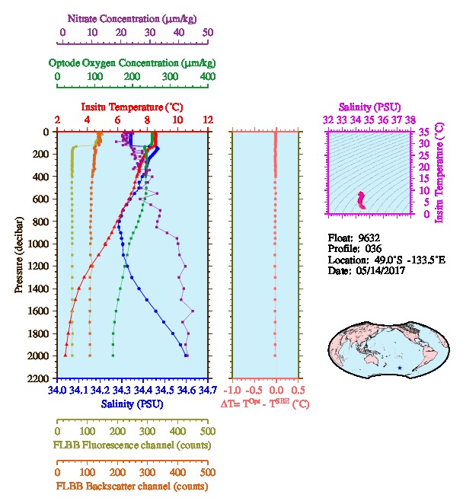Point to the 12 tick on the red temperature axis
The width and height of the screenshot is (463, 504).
(208, 120)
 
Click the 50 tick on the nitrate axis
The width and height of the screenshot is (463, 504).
(208, 32)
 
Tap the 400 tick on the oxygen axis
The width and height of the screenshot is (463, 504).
(208, 77)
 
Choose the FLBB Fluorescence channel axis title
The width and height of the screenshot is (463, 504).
(132, 445)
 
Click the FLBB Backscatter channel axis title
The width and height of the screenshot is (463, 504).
(132, 485)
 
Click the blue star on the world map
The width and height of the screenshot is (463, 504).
(400, 368)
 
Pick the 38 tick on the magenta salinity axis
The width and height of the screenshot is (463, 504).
(410, 120)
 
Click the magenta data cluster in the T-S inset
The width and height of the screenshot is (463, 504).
(362, 200)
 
